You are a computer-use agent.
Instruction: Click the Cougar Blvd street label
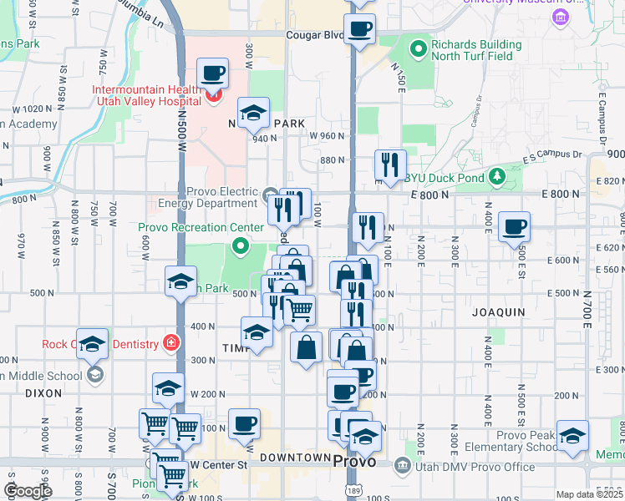point(315,35)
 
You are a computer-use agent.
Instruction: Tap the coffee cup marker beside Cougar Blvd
point(360,28)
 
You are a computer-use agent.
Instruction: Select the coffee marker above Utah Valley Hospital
point(212,73)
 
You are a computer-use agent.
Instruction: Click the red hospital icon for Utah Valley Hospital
point(212,96)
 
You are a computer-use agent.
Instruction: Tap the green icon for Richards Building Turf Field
point(420,46)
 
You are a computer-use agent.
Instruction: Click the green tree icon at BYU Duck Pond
point(497,176)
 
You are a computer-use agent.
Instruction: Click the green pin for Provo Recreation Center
point(241,245)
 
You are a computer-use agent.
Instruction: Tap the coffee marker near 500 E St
point(514,226)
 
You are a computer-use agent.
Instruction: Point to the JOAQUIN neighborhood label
point(498,311)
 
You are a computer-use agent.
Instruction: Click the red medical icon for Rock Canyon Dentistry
point(170,342)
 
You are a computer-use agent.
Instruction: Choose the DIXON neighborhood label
point(43,392)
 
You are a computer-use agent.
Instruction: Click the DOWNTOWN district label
point(295,458)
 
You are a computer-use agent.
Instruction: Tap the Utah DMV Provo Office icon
point(402,464)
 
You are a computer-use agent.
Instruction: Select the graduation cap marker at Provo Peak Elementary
point(572,436)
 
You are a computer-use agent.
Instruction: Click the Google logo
point(28,491)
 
